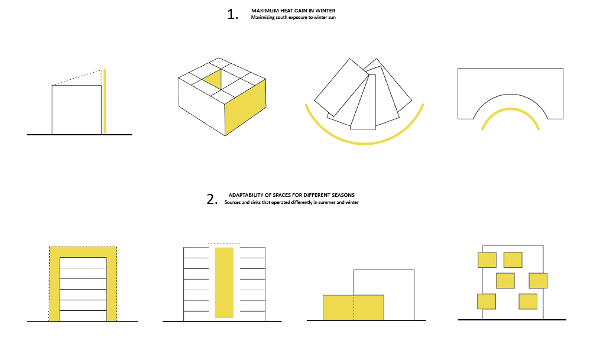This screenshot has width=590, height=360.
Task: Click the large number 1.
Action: coord(232,14)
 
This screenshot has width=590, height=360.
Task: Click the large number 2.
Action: coord(212,199)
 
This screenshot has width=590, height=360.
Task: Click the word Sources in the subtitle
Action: coord(232,202)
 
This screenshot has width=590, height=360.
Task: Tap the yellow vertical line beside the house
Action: coord(105,101)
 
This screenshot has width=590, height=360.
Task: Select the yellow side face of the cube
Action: coord(245,107)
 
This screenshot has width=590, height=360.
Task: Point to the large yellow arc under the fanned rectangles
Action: coord(364,143)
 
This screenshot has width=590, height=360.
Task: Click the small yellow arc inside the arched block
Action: coord(510,109)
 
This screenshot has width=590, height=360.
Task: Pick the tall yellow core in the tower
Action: coord(224,283)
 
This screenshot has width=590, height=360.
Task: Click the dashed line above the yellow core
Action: coord(224,244)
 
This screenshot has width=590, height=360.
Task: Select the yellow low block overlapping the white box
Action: coord(354,307)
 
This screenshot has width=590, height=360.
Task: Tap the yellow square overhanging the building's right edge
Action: coord(538,281)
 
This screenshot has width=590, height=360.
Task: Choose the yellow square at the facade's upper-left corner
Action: coord(487,260)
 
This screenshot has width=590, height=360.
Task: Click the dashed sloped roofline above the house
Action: coord(77,77)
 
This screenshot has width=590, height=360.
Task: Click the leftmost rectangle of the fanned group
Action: coord(342,87)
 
